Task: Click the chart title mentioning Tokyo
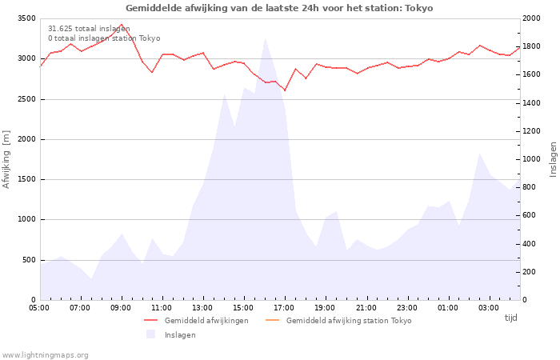279,8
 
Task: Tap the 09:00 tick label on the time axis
121,307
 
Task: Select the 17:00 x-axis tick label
284,307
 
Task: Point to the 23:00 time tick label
406,307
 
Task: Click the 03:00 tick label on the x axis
488,307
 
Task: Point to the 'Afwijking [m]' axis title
7,158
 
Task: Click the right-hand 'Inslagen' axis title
553,158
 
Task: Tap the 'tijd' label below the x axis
510,318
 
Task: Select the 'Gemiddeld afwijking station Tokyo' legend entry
349,320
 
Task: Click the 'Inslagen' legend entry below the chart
180,334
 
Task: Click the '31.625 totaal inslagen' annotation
89,28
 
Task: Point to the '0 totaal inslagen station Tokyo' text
104,38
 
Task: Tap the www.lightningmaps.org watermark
45,354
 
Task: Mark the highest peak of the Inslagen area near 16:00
265,38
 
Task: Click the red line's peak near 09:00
122,24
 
